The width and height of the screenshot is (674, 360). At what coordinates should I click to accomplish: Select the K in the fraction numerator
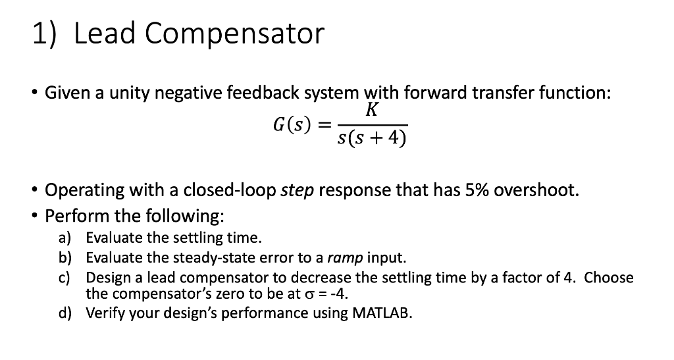pyautogui.click(x=372, y=111)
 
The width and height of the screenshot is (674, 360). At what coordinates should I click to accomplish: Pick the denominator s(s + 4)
pyautogui.click(x=371, y=138)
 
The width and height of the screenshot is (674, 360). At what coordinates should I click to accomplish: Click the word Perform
pyautogui.click(x=72, y=215)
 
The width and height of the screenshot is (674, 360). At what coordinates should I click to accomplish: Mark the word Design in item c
pyautogui.click(x=107, y=277)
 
